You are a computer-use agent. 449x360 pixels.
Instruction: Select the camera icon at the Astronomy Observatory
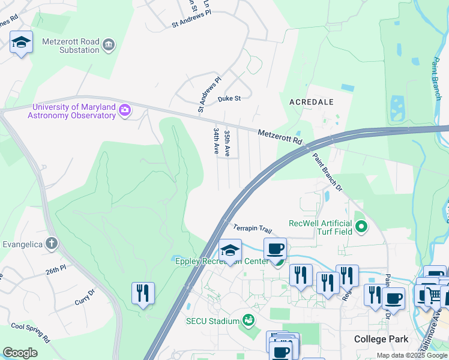click(x=125, y=109)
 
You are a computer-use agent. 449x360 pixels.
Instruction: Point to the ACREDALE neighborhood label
click(x=311, y=102)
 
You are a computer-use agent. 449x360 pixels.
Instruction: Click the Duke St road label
click(x=229, y=98)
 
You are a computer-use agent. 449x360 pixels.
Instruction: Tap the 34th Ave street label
click(x=215, y=140)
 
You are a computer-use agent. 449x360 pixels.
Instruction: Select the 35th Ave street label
click(x=227, y=143)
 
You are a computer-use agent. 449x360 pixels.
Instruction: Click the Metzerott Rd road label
click(x=280, y=137)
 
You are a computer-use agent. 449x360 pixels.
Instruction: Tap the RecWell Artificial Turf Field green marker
click(x=361, y=227)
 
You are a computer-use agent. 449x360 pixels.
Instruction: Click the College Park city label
click(x=381, y=339)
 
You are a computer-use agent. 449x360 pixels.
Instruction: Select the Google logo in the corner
click(x=20, y=353)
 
